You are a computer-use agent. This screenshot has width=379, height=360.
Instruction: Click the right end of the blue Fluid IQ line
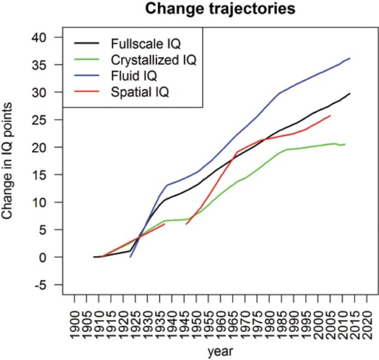(350, 58)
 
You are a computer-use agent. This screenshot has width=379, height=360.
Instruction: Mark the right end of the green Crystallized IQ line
(345, 144)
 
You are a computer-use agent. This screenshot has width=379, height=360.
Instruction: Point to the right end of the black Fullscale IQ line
(350, 94)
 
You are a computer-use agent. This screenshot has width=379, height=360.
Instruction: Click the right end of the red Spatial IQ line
(331, 116)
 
